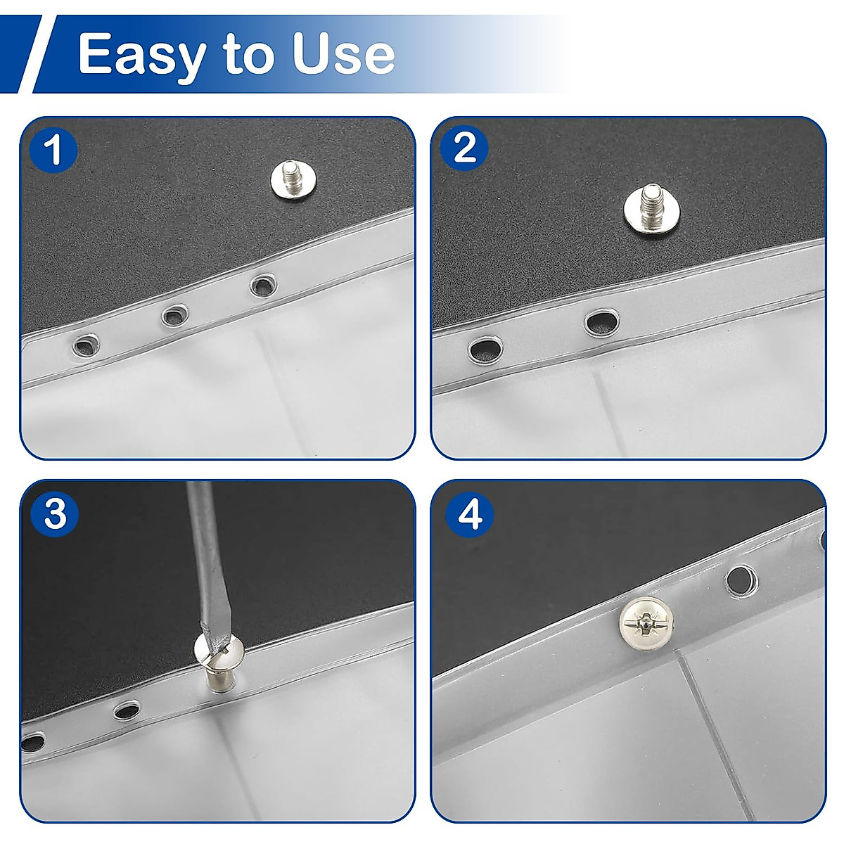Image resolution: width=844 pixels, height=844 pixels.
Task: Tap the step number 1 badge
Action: pos(53,150)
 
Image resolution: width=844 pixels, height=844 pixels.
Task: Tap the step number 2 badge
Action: pos(464,148)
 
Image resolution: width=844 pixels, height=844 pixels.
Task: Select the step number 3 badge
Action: pos(54,514)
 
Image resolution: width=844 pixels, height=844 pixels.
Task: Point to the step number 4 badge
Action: pos(469,515)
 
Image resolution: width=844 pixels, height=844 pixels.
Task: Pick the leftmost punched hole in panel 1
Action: pos(86,345)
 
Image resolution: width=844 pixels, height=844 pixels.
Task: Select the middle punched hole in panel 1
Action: pos(174,314)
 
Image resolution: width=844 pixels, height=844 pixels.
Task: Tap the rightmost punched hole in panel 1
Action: pos(263,285)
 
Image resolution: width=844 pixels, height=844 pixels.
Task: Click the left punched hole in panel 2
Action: pos(482,348)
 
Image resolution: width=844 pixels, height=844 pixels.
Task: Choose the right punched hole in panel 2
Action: pos(601,323)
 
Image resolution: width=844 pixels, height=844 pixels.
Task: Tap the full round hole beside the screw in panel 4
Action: pos(739,579)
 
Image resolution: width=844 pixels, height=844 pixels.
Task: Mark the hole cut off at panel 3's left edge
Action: pos(31,740)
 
